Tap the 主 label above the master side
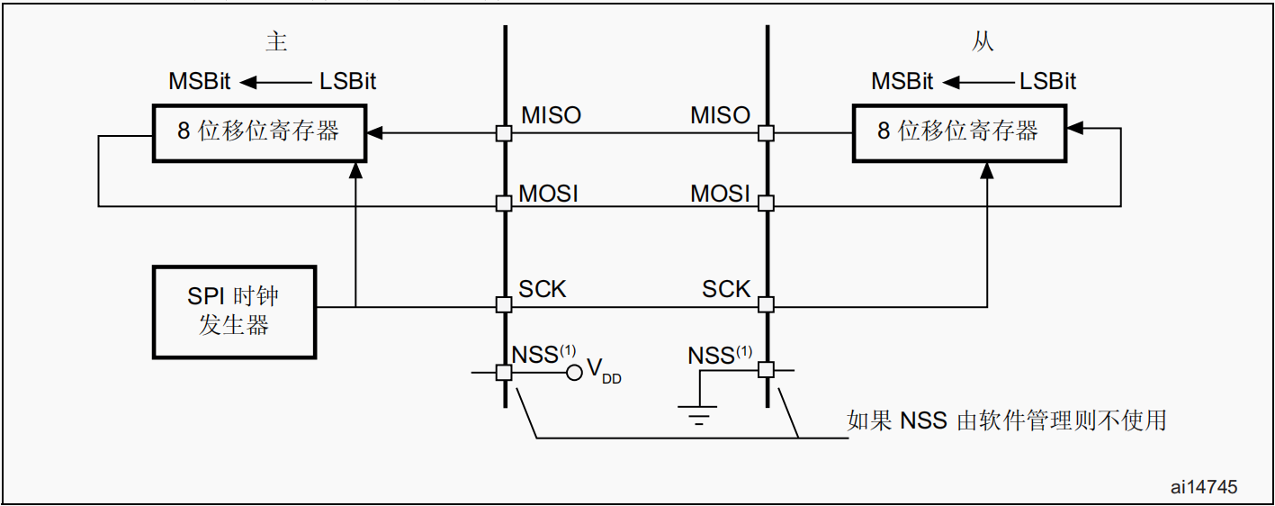point(276,41)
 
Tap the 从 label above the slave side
point(983,41)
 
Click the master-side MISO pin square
point(504,133)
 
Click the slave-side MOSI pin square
point(766,203)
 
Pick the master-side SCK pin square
point(504,304)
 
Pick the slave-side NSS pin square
point(766,370)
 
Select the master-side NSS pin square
point(504,373)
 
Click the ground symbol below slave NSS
point(698,416)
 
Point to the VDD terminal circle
point(574,373)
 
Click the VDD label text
point(604,370)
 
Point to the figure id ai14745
point(1204,486)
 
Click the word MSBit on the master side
point(200,81)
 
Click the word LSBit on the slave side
point(1048,81)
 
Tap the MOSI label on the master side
point(548,194)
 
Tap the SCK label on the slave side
point(726,289)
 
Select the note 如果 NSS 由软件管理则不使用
point(1006,420)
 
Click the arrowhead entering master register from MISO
point(374,133)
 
